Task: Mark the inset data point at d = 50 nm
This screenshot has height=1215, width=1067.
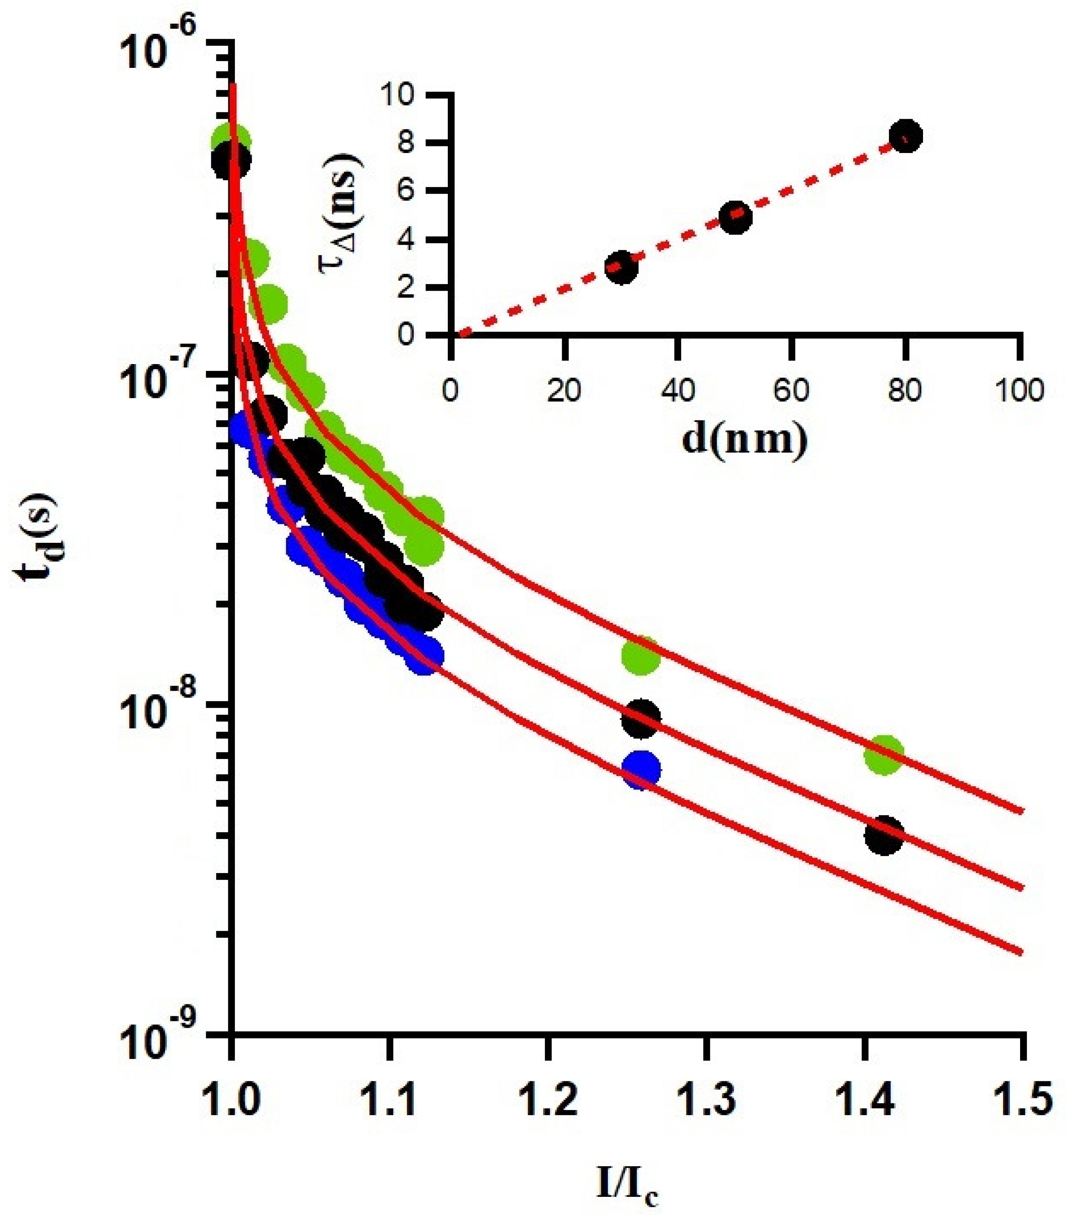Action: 736,217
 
